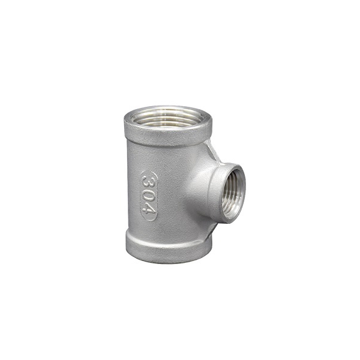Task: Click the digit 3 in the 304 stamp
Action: pos(148,182)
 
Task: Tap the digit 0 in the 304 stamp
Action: pos(148,196)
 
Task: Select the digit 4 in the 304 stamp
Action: pos(148,209)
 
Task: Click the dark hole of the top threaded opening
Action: pos(167,118)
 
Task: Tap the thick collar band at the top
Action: pos(168,136)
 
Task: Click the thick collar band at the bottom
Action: pos(168,250)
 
